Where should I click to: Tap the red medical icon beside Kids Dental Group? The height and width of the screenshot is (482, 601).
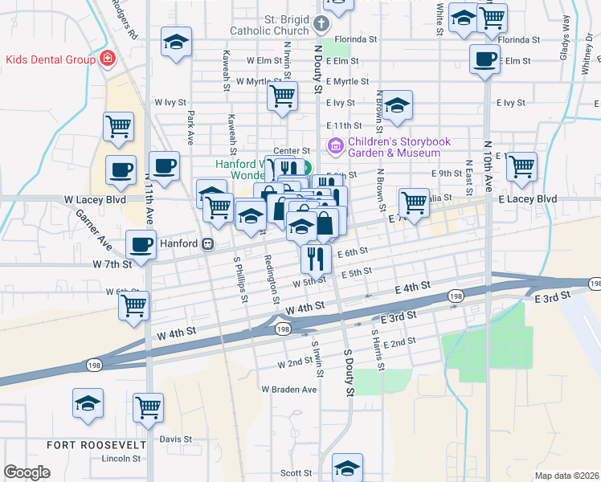106,59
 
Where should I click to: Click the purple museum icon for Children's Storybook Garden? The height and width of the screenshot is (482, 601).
334,146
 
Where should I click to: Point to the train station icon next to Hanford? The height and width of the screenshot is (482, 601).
207,243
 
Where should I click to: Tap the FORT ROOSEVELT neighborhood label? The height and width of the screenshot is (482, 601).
96,444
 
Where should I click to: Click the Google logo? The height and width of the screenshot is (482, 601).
27,472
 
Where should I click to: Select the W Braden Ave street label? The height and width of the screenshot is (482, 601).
289,389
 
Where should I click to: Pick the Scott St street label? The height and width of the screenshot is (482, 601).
295,474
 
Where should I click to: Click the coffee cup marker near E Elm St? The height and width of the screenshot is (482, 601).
485,60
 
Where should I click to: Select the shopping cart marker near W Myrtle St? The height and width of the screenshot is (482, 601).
282,96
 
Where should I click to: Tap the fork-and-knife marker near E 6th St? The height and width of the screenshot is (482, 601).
316,258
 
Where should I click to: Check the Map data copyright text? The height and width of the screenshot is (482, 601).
566,476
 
